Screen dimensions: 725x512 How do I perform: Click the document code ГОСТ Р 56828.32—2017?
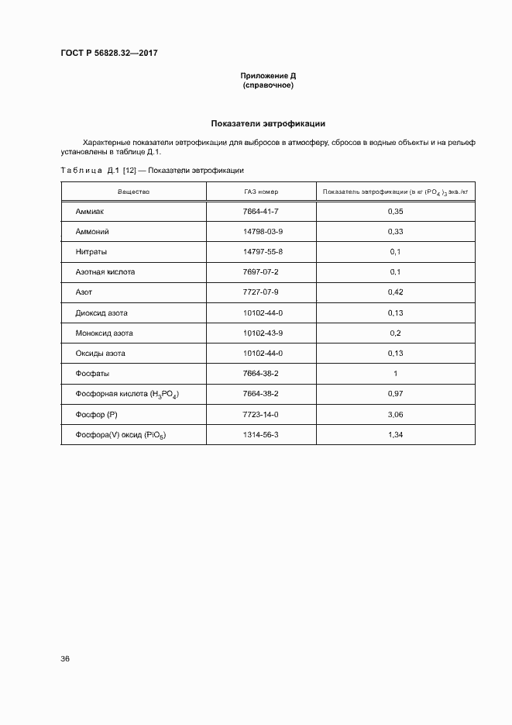pyautogui.click(x=109, y=54)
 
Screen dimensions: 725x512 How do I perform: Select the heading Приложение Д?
pyautogui.click(x=268, y=76)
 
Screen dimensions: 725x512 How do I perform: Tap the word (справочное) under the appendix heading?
pyautogui.click(x=268, y=85)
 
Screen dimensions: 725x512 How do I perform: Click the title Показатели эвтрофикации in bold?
pyautogui.click(x=268, y=123)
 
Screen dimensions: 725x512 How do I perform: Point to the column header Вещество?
pyautogui.click(x=133, y=191)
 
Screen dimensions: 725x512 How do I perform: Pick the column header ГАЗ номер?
pyautogui.click(x=260, y=191)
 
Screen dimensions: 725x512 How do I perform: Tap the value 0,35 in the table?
pyautogui.click(x=396, y=212)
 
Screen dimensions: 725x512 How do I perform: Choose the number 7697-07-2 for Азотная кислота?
pyautogui.click(x=260, y=272)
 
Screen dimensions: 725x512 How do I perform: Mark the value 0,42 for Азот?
pyautogui.click(x=396, y=292)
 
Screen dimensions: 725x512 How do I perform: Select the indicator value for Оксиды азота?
pyautogui.click(x=396, y=353)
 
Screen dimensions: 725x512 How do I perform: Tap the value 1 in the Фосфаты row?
pyautogui.click(x=396, y=373)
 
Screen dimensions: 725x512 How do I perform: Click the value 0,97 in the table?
pyautogui.click(x=396, y=394)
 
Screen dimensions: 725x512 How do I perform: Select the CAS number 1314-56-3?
pyautogui.click(x=260, y=434)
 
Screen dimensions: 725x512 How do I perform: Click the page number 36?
pyautogui.click(x=65, y=658)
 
